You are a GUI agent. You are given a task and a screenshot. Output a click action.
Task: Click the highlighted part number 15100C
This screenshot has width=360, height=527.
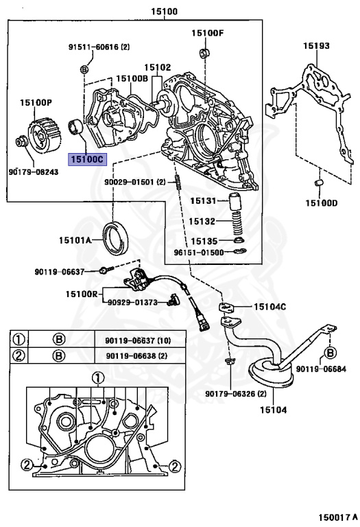pyautogui.click(x=87, y=159)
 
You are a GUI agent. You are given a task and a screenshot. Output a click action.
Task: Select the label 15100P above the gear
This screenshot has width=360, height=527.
pyautogui.click(x=36, y=102)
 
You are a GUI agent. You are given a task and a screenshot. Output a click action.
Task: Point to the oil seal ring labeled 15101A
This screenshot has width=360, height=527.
pyautogui.click(x=115, y=237)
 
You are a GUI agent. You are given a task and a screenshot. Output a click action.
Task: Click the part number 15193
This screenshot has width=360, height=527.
pyautogui.click(x=316, y=46)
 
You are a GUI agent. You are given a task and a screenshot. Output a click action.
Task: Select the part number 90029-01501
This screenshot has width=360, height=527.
pyautogui.click(x=130, y=182)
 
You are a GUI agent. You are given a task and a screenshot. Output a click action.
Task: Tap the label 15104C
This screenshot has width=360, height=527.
pyautogui.click(x=269, y=307)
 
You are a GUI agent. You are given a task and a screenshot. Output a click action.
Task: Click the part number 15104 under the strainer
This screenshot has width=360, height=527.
pyautogui.click(x=274, y=410)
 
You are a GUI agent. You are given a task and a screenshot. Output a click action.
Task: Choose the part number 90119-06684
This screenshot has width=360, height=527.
pyautogui.click(x=321, y=368)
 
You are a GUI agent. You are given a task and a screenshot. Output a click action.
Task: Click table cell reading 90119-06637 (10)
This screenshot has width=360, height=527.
pyautogui.click(x=138, y=341)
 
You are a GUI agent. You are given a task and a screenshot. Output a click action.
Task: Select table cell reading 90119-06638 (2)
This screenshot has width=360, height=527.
pyautogui.click(x=136, y=355)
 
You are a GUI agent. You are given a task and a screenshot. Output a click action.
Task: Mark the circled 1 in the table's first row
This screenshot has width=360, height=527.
pyautogui.click(x=19, y=340)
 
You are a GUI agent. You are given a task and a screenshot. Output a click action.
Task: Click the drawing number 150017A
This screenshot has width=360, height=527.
pyautogui.click(x=338, y=517)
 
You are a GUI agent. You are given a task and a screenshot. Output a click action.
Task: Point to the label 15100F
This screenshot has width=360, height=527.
pyautogui.click(x=208, y=33)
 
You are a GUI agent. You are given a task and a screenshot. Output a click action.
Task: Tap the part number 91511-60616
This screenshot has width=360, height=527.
pyautogui.click(x=94, y=47)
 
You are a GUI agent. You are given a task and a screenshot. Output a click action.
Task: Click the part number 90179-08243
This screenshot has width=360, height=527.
pyautogui.click(x=34, y=172)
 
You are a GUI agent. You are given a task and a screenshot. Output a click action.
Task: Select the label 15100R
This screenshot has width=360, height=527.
pyautogui.click(x=82, y=294)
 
